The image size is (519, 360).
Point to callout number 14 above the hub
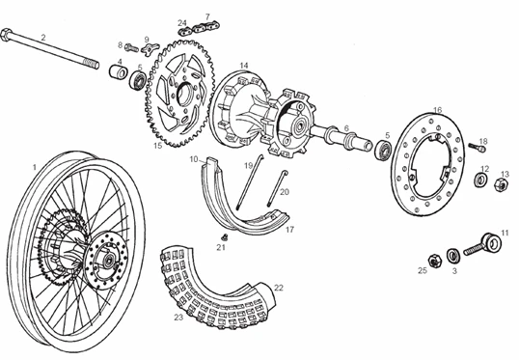[244, 66]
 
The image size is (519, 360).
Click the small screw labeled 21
[223, 235]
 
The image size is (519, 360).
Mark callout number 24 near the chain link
[181, 21]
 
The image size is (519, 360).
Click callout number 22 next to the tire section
[279, 287]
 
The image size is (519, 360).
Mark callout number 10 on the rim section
[194, 158]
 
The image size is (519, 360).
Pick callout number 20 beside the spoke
[285, 192]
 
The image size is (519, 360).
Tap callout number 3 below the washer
[454, 272]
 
